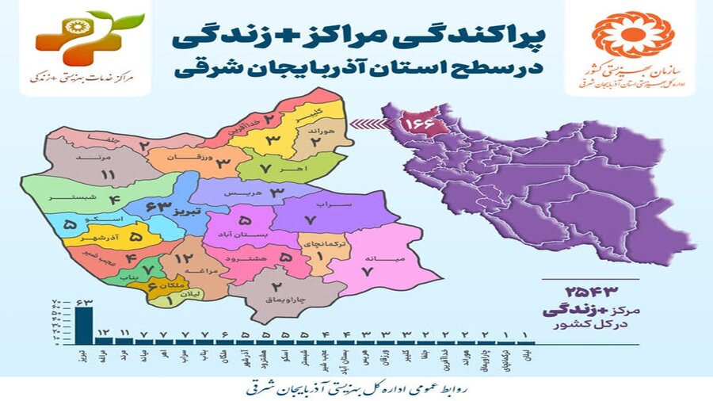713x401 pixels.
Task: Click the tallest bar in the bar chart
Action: (x=82, y=324)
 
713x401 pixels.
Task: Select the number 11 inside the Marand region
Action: (x=109, y=174)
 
